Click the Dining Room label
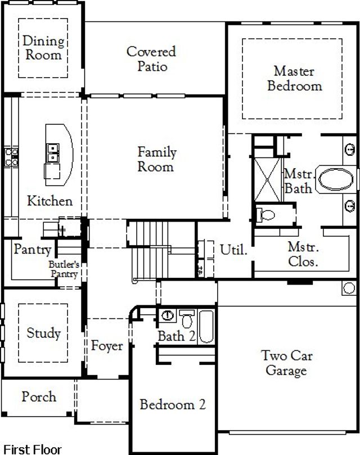point(43,48)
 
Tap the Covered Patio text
point(151,59)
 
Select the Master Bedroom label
point(294,79)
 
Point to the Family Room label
point(157,159)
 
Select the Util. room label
point(233,250)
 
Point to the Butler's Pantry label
point(63,268)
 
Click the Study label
point(43,333)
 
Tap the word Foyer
point(107,345)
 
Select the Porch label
point(39,397)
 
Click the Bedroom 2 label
point(173,404)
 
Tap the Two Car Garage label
point(286,363)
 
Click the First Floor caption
point(31,449)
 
